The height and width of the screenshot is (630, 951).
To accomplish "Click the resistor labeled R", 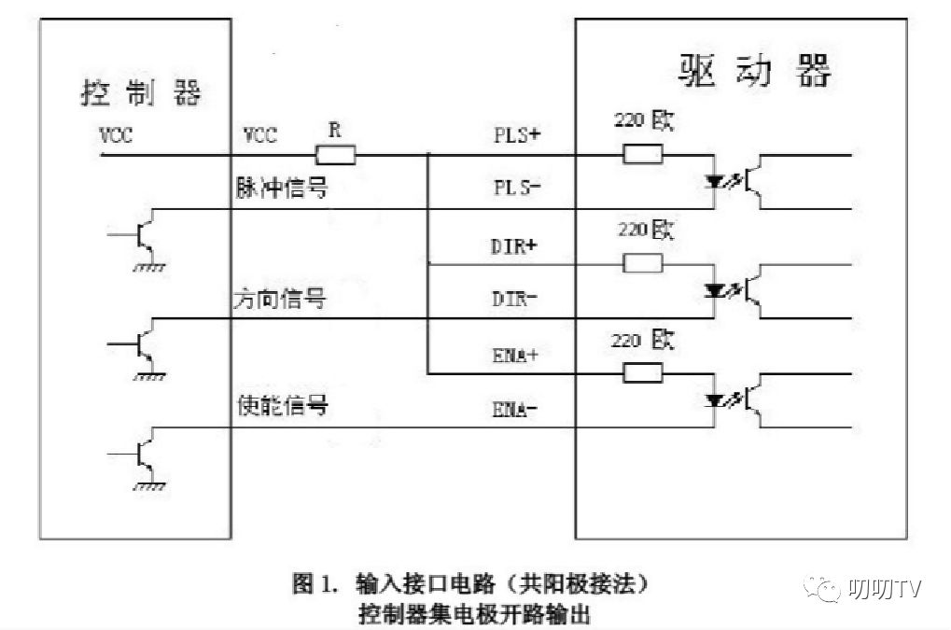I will tap(336, 155).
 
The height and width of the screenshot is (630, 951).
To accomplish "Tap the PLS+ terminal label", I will tap(517, 134).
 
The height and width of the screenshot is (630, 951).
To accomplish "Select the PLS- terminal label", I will tap(517, 187).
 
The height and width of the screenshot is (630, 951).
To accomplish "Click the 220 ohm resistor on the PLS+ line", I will tap(643, 154).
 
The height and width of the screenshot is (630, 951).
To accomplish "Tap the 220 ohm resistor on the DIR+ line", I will tap(643, 263).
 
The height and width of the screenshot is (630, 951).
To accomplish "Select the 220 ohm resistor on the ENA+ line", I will tap(643, 373).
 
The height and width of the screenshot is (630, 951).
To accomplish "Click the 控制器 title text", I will tap(141, 93).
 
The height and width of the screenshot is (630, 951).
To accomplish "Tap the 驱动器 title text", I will tap(752, 70).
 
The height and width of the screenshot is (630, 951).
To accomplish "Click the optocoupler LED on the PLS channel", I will tap(715, 183).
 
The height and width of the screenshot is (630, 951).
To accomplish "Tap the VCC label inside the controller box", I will tap(116, 134).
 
